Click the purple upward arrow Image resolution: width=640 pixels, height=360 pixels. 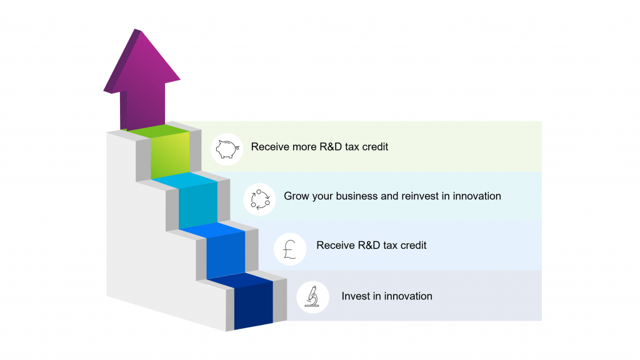[x=142, y=82]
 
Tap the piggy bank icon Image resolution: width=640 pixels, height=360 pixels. [x=227, y=149]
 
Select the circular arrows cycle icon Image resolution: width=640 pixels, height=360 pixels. [x=260, y=199]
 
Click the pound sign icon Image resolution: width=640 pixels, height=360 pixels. [x=290, y=249]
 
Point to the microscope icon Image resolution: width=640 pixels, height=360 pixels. [x=312, y=297]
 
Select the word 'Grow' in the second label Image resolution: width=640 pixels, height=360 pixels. [x=296, y=196]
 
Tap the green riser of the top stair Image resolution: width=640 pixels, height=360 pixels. [x=170, y=155]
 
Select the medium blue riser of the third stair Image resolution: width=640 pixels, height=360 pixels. [x=226, y=255]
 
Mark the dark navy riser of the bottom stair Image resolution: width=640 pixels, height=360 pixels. [x=254, y=306]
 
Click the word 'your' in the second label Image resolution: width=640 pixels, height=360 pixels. [x=322, y=197]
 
